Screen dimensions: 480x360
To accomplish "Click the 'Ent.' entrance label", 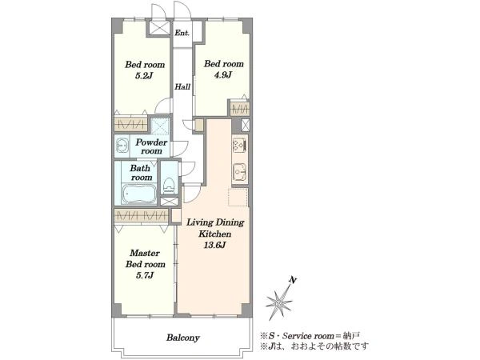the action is [x=182, y=33].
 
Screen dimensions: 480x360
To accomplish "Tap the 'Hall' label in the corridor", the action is [x=182, y=86].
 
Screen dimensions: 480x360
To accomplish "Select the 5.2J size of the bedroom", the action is [x=144, y=76].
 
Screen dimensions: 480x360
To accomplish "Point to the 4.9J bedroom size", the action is [x=223, y=74].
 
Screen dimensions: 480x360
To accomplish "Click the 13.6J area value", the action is [x=215, y=245].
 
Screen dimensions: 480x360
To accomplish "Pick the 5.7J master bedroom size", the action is [x=145, y=275].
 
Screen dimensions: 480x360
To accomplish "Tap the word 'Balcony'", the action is [x=182, y=338].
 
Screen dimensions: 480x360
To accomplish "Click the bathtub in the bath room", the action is [x=138, y=194].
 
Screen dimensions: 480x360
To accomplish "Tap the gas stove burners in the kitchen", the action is [x=239, y=145].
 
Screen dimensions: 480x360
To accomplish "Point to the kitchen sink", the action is [x=240, y=173].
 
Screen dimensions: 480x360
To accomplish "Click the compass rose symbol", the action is [x=278, y=302].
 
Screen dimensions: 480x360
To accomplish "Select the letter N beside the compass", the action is [x=293, y=280].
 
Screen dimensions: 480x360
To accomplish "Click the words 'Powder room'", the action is [x=151, y=146].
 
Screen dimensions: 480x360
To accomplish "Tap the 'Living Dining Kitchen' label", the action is [x=215, y=228].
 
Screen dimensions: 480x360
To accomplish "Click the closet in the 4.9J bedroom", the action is [x=239, y=108].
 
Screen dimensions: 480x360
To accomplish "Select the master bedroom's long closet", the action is [x=141, y=216].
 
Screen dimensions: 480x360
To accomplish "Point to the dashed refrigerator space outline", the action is [x=238, y=197].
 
